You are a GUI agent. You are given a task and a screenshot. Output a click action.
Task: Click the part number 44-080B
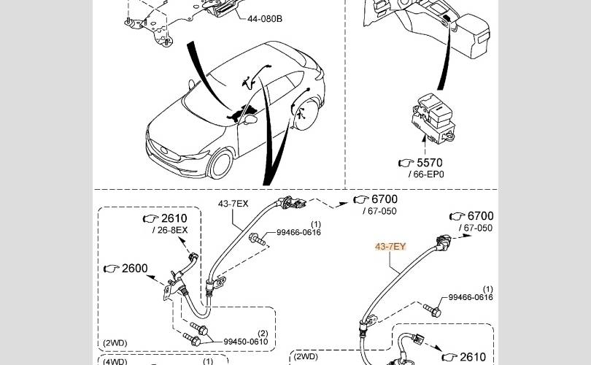(x=265, y=18)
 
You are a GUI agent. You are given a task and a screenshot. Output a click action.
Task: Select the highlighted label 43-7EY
(x=390, y=247)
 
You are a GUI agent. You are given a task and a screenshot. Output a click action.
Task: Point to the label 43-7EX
(x=234, y=204)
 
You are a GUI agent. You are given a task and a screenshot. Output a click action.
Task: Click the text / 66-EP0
(x=426, y=175)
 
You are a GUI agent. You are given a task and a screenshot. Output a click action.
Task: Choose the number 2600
(x=134, y=269)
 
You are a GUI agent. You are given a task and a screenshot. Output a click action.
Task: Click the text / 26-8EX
(x=169, y=231)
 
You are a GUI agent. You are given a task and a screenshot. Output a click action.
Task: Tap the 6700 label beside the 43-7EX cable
(x=385, y=199)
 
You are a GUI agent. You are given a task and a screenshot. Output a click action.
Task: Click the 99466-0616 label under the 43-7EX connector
(x=299, y=233)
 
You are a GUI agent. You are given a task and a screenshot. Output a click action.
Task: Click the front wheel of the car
(x=221, y=164)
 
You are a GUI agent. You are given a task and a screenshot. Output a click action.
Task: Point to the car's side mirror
(x=250, y=117)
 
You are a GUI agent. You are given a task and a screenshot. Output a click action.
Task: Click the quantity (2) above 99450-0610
(x=263, y=332)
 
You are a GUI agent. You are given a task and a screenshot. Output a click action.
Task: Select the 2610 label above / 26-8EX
(x=174, y=218)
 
